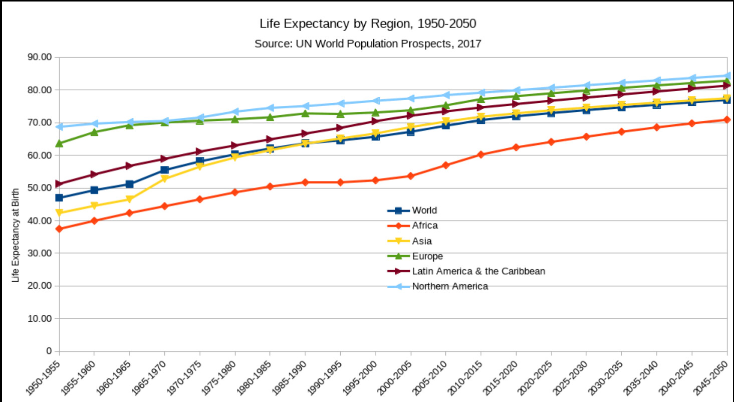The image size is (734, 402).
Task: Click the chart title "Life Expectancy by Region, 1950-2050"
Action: pyautogui.click(x=367, y=24)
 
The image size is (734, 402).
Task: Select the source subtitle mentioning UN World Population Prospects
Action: pyautogui.click(x=367, y=44)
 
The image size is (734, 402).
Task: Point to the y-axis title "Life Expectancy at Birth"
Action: pyautogui.click(x=16, y=235)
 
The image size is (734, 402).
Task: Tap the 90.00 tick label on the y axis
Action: pyautogui.click(x=40, y=57)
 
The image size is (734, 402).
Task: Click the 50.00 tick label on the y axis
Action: pyautogui.click(x=40, y=188)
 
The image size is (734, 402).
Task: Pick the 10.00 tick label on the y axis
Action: pyautogui.click(x=40, y=318)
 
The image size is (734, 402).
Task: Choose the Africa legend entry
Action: pyautogui.click(x=425, y=226)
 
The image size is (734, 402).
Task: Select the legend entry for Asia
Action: pyautogui.click(x=422, y=241)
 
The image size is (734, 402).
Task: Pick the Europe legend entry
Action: pyautogui.click(x=427, y=256)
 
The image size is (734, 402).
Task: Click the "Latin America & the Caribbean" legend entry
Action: pyautogui.click(x=478, y=271)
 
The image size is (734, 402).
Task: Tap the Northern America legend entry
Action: pyautogui.click(x=449, y=286)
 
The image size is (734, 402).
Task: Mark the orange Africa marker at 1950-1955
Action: pyautogui.click(x=59, y=229)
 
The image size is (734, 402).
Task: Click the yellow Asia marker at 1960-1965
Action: pyautogui.click(x=129, y=199)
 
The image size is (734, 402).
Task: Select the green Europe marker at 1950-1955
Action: pyautogui.click(x=59, y=143)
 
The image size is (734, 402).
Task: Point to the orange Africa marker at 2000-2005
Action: pyautogui.click(x=410, y=176)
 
